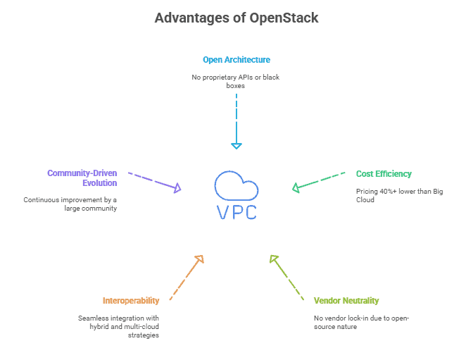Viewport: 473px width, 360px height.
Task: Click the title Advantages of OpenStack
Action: [237, 18]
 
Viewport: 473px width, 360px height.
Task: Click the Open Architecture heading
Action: [237, 60]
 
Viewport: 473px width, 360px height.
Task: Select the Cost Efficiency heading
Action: [384, 174]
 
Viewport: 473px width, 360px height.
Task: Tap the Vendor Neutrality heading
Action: [346, 300]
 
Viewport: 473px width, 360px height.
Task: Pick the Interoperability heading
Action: [131, 300]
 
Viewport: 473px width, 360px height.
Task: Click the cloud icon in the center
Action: [237, 185]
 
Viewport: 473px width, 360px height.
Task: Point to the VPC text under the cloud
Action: [237, 211]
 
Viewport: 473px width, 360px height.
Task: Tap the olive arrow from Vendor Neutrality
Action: [286, 277]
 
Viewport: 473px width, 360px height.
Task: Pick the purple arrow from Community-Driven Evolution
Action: [155, 181]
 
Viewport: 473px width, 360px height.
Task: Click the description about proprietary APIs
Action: [237, 80]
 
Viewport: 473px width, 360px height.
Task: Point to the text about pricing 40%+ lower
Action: [400, 195]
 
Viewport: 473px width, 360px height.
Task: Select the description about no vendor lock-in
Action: [362, 322]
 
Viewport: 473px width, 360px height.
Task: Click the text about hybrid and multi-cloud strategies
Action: [119, 326]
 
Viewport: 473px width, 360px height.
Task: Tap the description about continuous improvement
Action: [70, 204]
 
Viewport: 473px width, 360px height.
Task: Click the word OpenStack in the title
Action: [284, 18]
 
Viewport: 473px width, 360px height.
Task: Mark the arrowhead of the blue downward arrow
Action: [237, 146]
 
